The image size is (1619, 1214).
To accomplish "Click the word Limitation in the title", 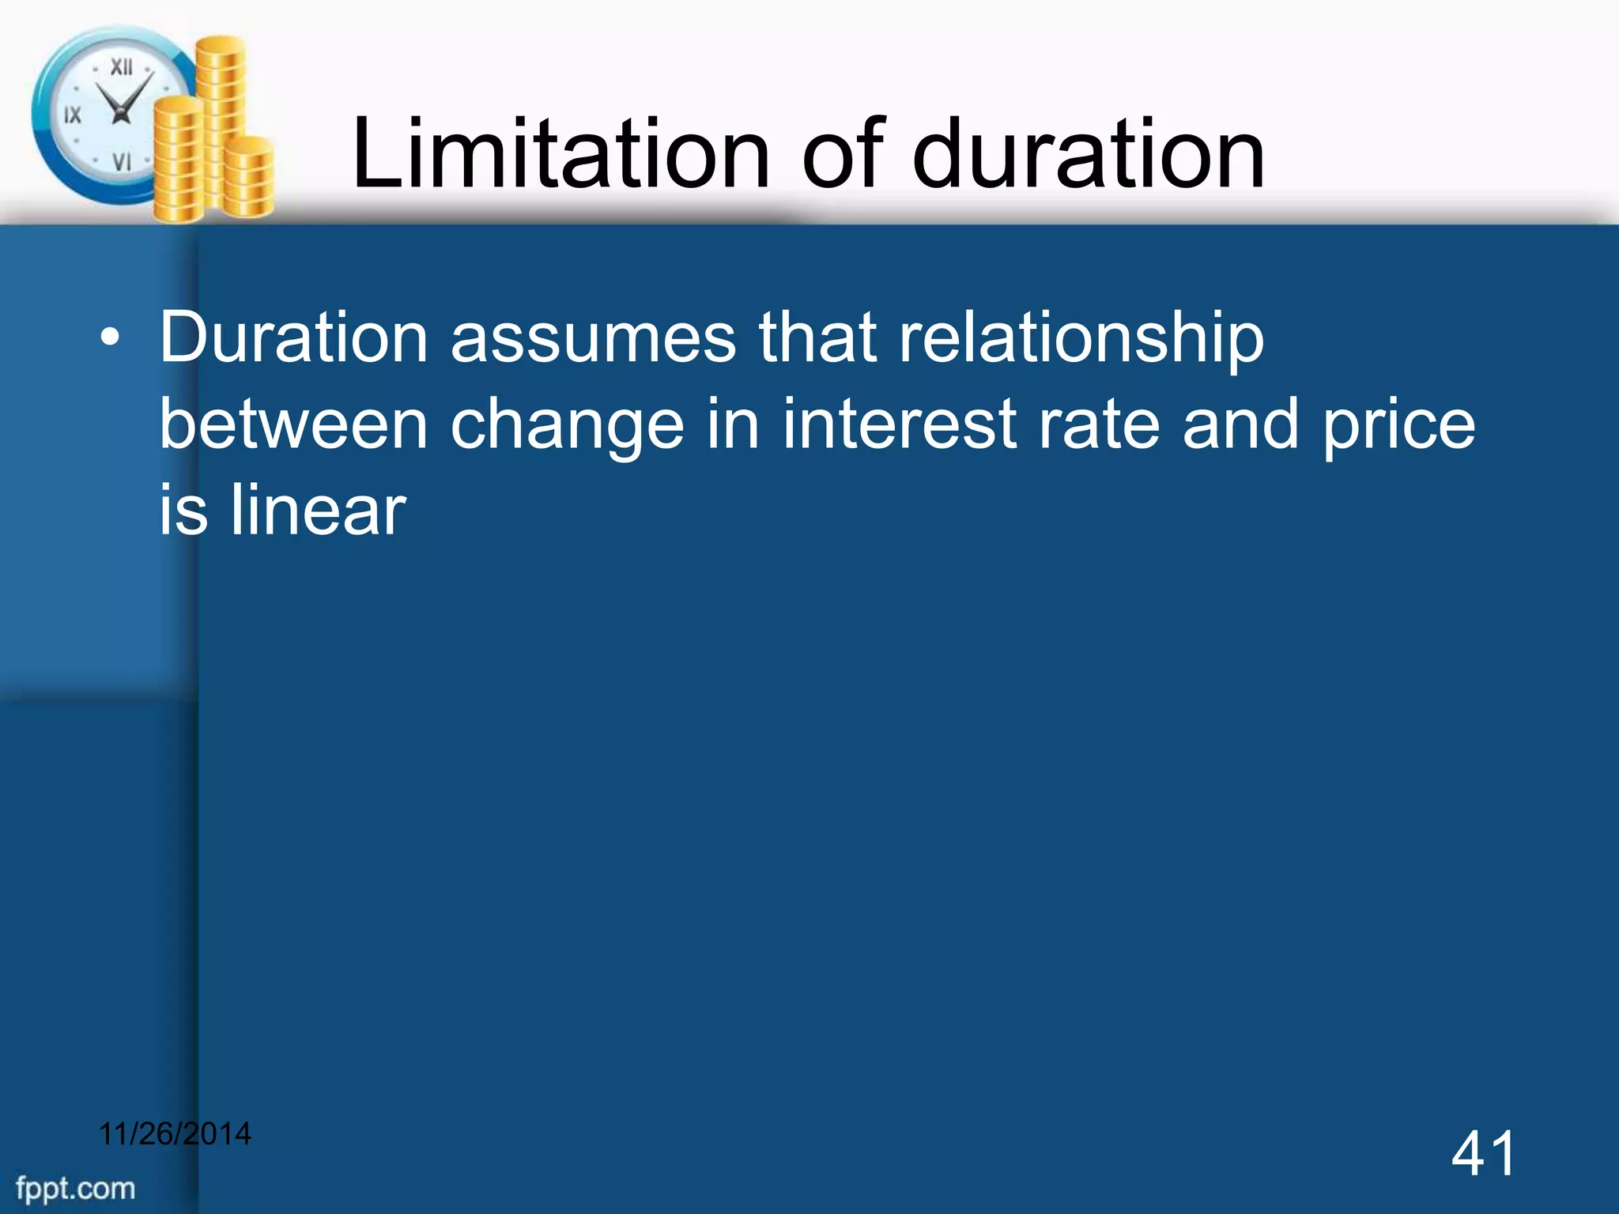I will point(560,153).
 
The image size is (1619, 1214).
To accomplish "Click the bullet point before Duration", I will point(111,340).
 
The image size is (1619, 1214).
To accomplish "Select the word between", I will point(293,424).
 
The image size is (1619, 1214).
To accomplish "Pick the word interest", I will point(899,424).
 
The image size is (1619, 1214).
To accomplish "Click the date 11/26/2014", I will point(175,1133).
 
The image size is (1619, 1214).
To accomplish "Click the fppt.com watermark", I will point(76,1188).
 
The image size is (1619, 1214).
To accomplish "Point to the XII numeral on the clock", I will point(121,67).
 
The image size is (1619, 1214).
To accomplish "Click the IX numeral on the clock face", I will point(72,115).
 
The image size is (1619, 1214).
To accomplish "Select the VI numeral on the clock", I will point(121,162).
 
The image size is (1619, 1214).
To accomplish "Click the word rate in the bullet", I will point(1099,424).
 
